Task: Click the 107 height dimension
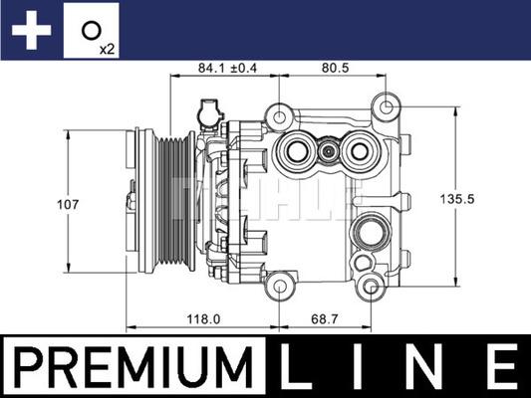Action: [67, 204]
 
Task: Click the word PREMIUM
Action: [133, 366]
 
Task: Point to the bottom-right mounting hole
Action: [373, 290]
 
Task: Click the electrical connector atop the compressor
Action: [209, 113]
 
